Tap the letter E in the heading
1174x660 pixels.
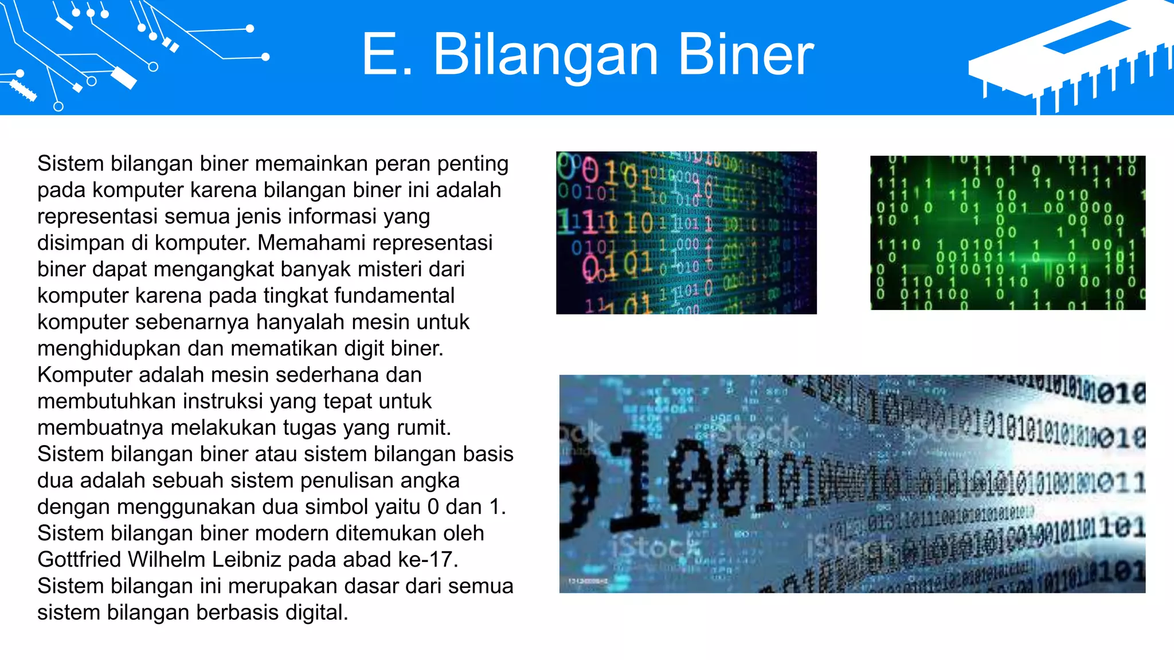tap(381, 54)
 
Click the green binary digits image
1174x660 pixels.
tap(1007, 233)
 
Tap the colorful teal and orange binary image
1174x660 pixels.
tap(686, 233)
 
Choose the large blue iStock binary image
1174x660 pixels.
tap(852, 484)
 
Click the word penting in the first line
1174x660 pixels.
tap(473, 164)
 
